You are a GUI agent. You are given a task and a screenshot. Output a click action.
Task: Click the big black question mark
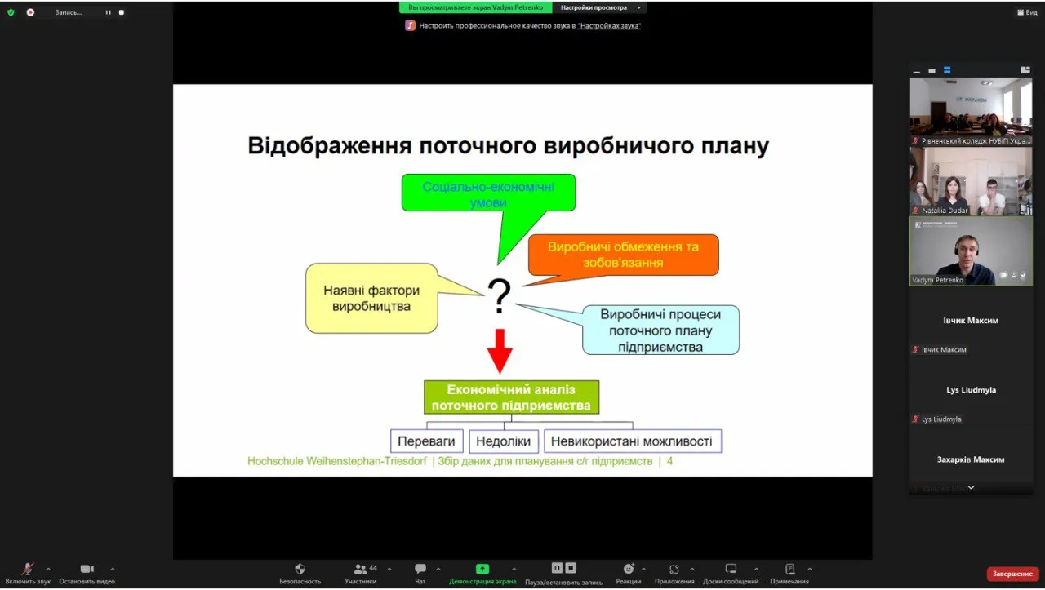pyautogui.click(x=499, y=297)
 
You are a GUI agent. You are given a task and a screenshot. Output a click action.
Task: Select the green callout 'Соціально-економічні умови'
pyautogui.click(x=488, y=194)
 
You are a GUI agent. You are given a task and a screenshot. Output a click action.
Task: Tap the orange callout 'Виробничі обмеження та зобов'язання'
pyautogui.click(x=623, y=254)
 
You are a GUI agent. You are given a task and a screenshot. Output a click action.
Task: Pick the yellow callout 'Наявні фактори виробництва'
pyautogui.click(x=371, y=298)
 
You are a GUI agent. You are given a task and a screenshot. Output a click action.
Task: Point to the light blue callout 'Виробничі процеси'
pyautogui.click(x=660, y=330)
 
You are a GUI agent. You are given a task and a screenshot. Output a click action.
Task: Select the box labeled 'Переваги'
pyautogui.click(x=427, y=441)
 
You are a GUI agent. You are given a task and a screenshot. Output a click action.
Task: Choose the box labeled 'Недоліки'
pyautogui.click(x=504, y=441)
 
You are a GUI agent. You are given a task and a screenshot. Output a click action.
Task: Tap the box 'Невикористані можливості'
pyautogui.click(x=632, y=441)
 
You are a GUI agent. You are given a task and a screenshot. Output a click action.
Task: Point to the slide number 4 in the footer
pyautogui.click(x=669, y=462)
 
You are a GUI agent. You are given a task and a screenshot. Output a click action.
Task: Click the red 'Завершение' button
pyautogui.click(x=1012, y=574)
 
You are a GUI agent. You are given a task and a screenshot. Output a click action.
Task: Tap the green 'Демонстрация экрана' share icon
pyautogui.click(x=482, y=569)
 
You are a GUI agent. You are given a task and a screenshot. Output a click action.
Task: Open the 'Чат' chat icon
pyautogui.click(x=420, y=569)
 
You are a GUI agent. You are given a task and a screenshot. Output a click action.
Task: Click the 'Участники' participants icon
pyautogui.click(x=360, y=569)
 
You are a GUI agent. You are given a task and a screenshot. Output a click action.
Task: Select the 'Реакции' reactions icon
pyautogui.click(x=629, y=569)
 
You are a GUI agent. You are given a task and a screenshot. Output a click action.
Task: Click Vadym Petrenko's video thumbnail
pyautogui.click(x=971, y=251)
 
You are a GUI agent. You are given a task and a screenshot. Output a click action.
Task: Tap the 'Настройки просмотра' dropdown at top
pyautogui.click(x=599, y=7)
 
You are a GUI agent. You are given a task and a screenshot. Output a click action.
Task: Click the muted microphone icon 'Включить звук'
pyautogui.click(x=28, y=569)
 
